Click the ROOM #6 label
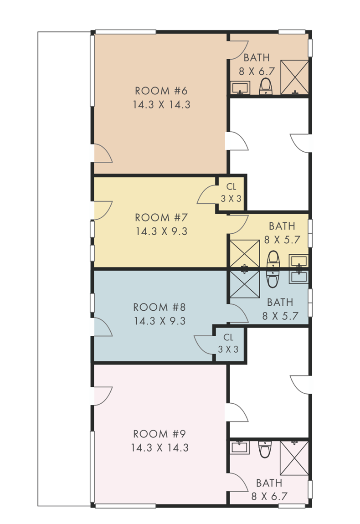161,91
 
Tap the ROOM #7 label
161,217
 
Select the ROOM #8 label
159,307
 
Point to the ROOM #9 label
159,434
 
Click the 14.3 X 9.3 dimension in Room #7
161,231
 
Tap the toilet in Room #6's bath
266,86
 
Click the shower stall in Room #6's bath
294,77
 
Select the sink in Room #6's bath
240,87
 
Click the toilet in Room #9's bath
265,449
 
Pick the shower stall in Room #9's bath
294,458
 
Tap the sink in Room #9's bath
240,447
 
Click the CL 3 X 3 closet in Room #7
231,194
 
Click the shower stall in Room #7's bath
245,254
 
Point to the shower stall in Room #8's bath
245,284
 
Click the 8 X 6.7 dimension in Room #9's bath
269,496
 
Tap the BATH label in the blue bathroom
280,302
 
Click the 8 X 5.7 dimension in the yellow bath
282,240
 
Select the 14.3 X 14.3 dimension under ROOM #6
161,104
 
